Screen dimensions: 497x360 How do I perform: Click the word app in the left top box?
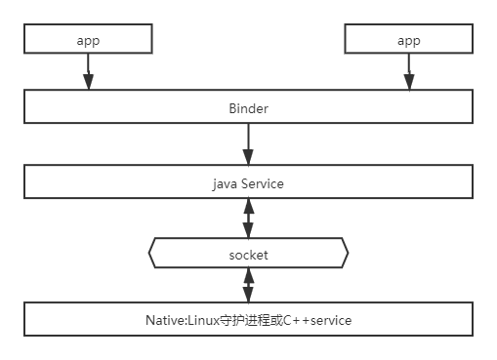click(88, 41)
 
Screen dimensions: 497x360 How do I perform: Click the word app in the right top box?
click(409, 41)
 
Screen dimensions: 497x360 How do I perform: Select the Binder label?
click(249, 108)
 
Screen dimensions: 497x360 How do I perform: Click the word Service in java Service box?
click(263, 184)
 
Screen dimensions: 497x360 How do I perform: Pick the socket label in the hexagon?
click(248, 256)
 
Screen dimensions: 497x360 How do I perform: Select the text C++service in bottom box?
click(317, 321)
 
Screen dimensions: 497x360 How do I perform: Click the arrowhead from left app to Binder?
click(88, 82)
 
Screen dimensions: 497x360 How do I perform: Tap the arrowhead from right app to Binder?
click(409, 82)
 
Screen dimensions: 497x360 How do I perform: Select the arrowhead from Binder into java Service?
click(248, 157)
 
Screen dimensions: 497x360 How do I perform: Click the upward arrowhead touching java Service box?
click(249, 206)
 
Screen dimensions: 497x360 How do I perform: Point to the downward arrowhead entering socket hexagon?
click(248, 230)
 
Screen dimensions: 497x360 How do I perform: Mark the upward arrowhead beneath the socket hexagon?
click(249, 275)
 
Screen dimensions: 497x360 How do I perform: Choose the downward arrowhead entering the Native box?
click(248, 295)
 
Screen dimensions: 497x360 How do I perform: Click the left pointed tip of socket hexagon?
click(149, 253)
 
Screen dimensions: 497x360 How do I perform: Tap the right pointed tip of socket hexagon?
click(348, 253)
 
